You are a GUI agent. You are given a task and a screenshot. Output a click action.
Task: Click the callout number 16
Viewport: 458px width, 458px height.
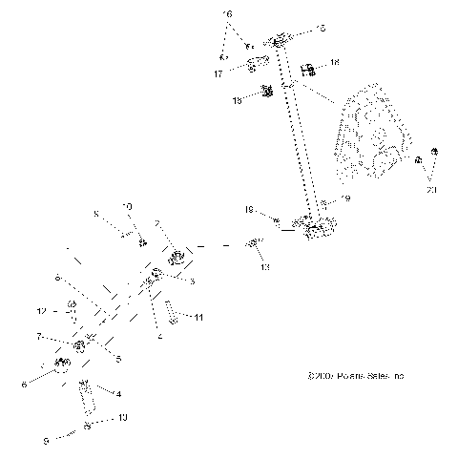[x=227, y=14]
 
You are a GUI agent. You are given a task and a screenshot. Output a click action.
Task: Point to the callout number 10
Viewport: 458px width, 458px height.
[x=129, y=205]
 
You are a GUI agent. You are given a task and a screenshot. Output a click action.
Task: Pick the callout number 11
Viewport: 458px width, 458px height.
[x=198, y=316]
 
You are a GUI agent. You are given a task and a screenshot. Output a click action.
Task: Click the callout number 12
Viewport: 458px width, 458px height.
[x=41, y=311]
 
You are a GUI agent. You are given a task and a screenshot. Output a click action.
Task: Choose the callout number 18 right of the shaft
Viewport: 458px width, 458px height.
[x=333, y=62]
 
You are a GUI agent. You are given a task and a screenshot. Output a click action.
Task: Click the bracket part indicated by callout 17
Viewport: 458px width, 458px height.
[x=253, y=65]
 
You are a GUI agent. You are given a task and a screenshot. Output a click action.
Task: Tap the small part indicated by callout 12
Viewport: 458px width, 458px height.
[x=70, y=307]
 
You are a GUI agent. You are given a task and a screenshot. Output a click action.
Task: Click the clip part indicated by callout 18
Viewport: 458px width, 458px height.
[x=308, y=69]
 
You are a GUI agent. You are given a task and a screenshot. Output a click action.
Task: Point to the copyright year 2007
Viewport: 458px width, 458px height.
[x=317, y=377]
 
